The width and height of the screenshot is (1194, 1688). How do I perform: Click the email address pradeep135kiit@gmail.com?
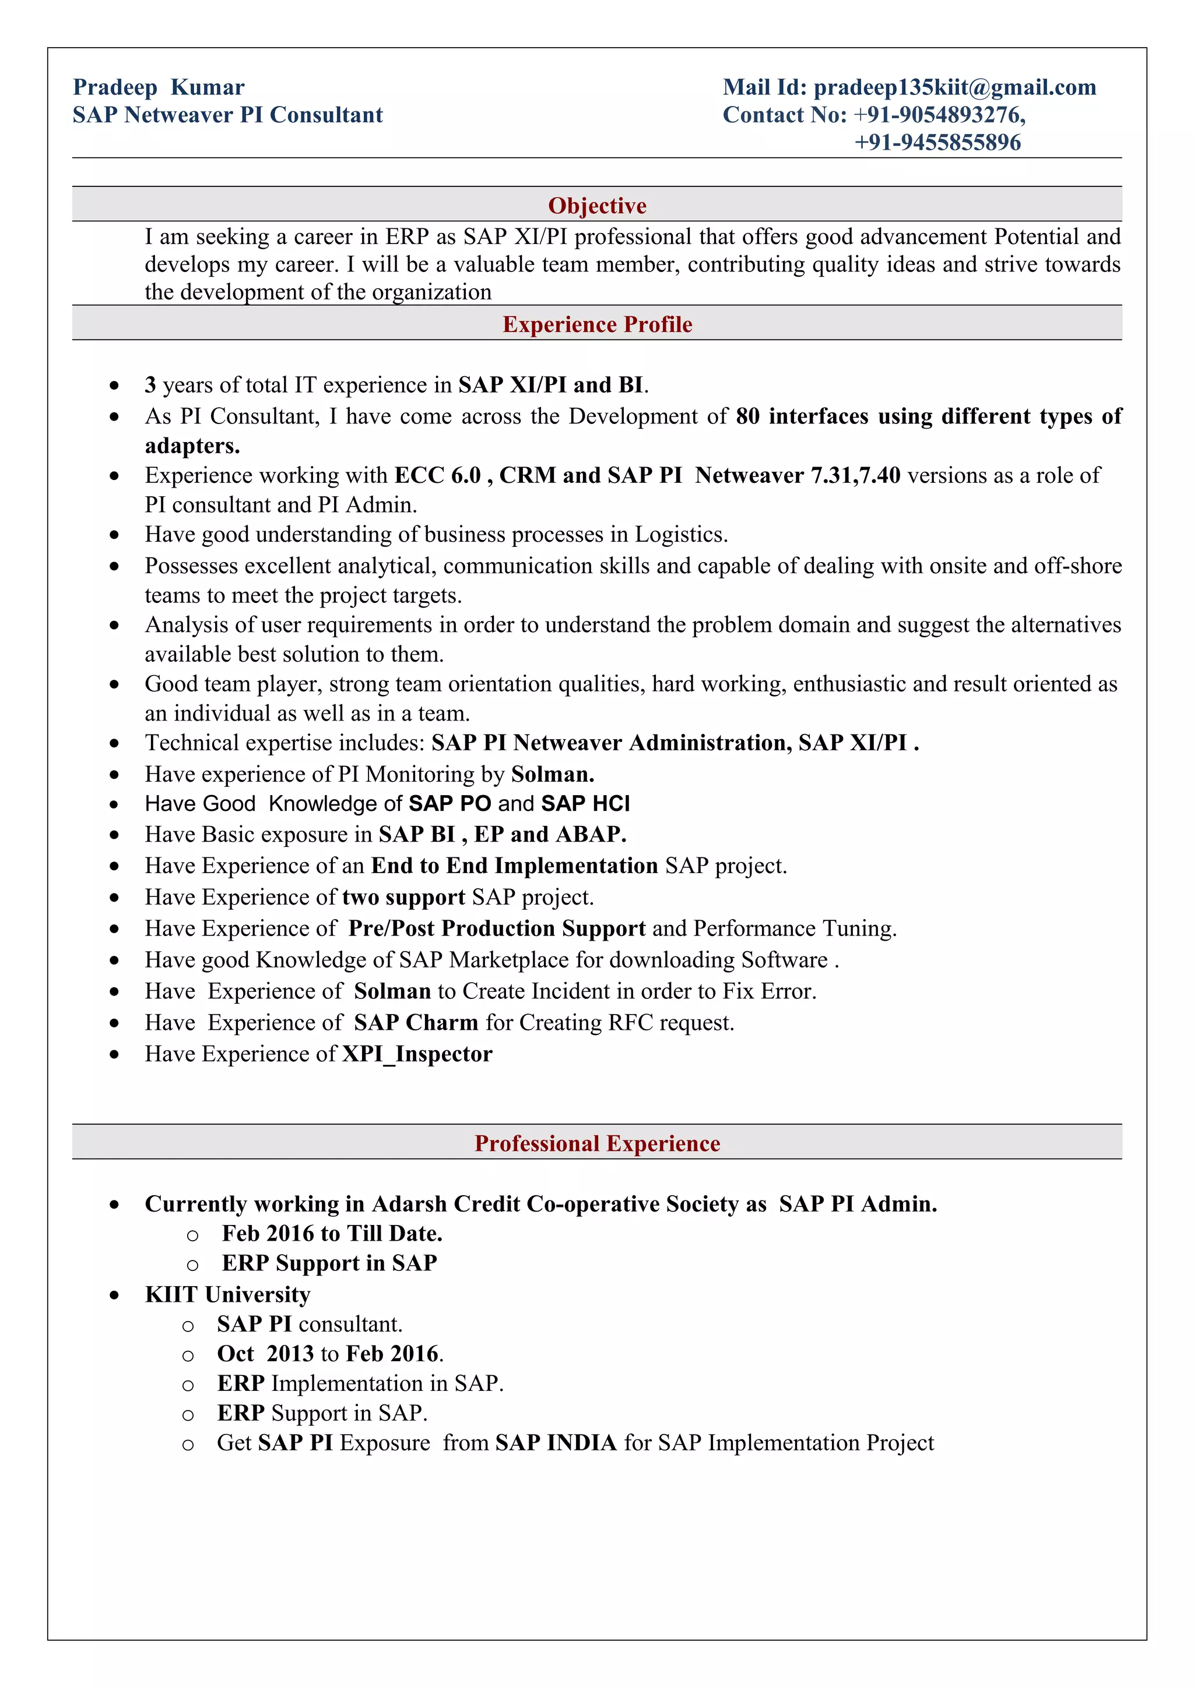click(954, 87)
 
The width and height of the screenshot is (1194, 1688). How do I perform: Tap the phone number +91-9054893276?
click(939, 115)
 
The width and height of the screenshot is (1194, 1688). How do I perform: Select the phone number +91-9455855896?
click(937, 142)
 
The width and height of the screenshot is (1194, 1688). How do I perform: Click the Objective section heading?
click(596, 205)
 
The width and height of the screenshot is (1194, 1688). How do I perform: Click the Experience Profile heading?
click(596, 324)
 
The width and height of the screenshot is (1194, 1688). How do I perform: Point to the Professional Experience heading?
click(596, 1143)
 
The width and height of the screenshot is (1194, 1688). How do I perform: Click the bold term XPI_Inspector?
click(417, 1054)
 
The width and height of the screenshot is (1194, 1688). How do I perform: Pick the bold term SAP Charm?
click(416, 1023)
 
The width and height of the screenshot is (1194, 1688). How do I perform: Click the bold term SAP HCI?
click(585, 804)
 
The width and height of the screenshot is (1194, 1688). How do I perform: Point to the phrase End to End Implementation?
click(514, 866)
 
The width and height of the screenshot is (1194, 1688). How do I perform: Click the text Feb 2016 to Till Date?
click(332, 1234)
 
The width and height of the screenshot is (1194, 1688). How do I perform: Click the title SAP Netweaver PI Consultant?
click(227, 115)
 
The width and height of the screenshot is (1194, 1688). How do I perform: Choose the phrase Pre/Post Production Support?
click(497, 928)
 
